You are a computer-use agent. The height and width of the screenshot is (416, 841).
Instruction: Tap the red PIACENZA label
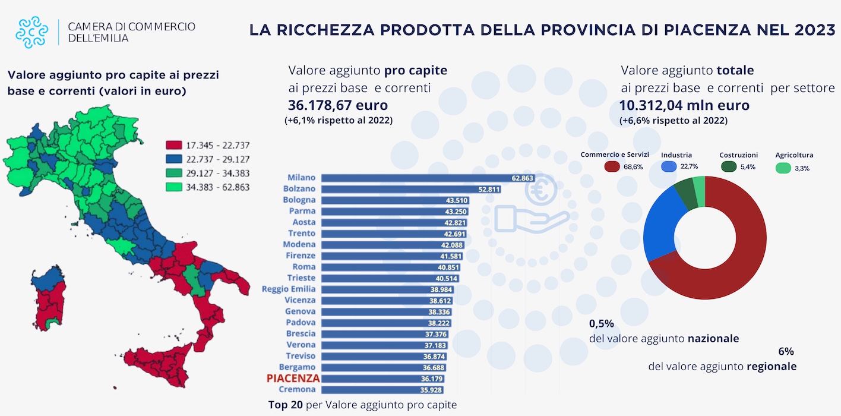pyautogui.click(x=293, y=378)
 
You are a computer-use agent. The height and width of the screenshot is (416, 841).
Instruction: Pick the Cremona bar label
pyautogui.click(x=300, y=389)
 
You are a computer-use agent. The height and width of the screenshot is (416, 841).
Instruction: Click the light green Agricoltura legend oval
pyautogui.click(x=784, y=168)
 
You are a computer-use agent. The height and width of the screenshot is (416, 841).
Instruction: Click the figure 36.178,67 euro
pyautogui.click(x=337, y=106)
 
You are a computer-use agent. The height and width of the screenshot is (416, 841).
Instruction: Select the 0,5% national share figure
pyautogui.click(x=601, y=324)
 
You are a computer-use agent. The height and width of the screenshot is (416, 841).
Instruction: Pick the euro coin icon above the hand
pyautogui.click(x=538, y=189)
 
